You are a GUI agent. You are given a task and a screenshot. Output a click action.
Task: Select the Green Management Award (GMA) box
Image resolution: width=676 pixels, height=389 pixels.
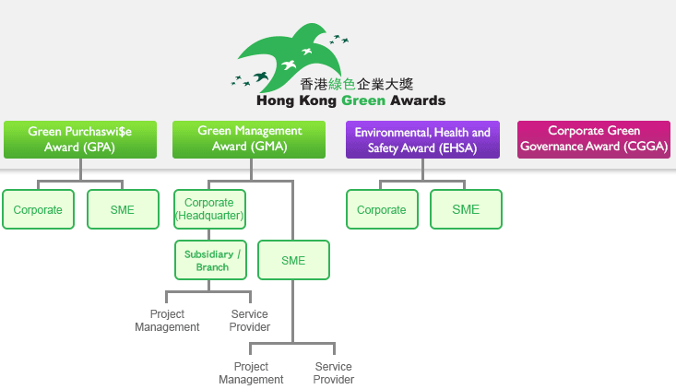(250, 139)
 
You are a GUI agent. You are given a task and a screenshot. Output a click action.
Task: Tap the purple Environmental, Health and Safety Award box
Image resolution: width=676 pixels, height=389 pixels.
(422, 139)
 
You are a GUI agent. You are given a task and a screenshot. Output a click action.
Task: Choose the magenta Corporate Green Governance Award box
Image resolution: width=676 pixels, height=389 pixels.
(593, 139)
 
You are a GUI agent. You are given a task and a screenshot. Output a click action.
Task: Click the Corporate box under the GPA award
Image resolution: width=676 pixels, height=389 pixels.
(38, 210)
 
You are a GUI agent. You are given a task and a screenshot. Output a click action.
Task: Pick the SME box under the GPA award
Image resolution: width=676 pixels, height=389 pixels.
(122, 210)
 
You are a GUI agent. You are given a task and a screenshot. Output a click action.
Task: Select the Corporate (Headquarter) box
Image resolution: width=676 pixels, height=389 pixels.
(208, 209)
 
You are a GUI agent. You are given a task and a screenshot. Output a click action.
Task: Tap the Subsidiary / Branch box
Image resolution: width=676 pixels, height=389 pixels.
(212, 261)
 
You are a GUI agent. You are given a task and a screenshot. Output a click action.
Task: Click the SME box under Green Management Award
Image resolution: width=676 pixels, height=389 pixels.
(293, 261)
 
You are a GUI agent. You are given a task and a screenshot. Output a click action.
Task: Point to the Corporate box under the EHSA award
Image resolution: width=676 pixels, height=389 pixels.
(382, 210)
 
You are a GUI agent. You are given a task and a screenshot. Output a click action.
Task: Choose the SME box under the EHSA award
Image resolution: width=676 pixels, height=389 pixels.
(466, 210)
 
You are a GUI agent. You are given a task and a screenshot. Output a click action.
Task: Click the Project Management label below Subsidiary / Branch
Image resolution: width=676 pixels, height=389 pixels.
(167, 321)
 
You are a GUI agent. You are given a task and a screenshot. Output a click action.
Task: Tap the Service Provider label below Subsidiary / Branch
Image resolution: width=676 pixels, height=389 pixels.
(249, 321)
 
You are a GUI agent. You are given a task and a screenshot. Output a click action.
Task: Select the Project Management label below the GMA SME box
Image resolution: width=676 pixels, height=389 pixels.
(251, 373)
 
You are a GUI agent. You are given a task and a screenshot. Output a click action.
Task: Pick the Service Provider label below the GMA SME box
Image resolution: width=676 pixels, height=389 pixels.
(333, 373)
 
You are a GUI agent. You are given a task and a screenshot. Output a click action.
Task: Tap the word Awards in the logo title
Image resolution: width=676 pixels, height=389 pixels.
(419, 100)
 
